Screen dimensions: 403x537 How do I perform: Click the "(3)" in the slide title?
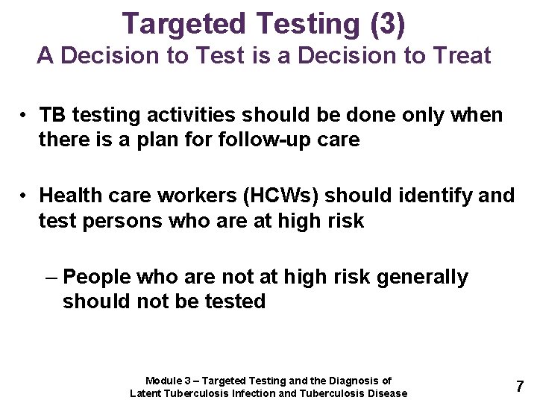pyautogui.click(x=387, y=24)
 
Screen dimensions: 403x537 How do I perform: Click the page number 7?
pyautogui.click(x=520, y=387)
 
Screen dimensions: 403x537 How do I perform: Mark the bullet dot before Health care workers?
pyautogui.click(x=25, y=196)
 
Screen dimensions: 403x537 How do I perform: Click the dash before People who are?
pyautogui.click(x=51, y=278)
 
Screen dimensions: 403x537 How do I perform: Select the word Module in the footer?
pyautogui.click(x=162, y=381)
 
